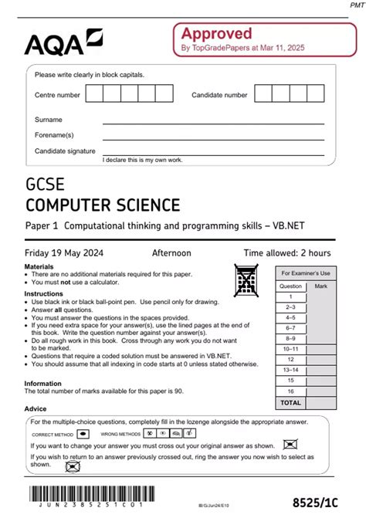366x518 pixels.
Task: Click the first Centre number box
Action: (x=94, y=94)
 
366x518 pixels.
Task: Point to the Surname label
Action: (x=49, y=120)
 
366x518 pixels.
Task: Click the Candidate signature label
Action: (x=65, y=151)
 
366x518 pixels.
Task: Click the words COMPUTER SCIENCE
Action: (x=103, y=205)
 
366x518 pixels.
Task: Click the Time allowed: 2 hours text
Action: (x=286, y=252)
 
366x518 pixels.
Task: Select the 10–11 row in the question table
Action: (x=290, y=348)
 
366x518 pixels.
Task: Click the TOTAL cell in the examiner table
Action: (x=290, y=402)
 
